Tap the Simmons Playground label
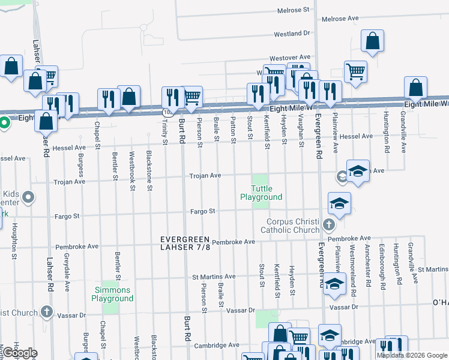[x=112, y=294]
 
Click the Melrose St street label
[x=294, y=10]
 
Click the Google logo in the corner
[x=19, y=353]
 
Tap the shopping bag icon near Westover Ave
[x=373, y=41]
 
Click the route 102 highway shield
[x=166, y=112]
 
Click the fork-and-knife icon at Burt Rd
[x=172, y=97]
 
